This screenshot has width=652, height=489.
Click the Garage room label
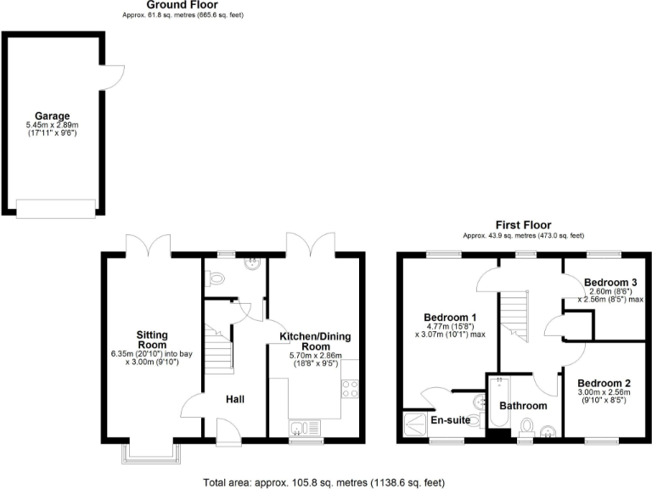(x=52, y=115)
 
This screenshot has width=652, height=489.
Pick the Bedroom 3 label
(x=610, y=281)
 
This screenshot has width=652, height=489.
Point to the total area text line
(x=323, y=482)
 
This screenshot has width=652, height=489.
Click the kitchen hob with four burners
(x=349, y=390)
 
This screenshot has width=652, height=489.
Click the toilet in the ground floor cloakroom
(x=216, y=278)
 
